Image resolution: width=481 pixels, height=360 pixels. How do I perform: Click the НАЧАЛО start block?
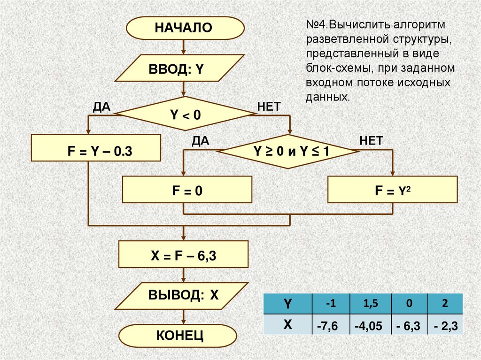(185, 28)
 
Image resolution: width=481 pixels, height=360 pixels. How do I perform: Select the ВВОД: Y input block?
(183, 70)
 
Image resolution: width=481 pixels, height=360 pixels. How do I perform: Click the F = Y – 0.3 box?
(96, 151)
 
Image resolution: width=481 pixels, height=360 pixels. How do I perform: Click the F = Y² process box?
(392, 190)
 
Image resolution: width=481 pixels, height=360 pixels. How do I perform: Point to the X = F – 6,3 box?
(183, 255)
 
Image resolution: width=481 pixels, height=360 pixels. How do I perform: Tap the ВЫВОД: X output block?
(184, 295)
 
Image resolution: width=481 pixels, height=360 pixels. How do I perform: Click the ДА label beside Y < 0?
(101, 107)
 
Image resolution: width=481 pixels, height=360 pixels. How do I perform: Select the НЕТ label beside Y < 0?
(269, 107)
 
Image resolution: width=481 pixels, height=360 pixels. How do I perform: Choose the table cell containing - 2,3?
(444, 325)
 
